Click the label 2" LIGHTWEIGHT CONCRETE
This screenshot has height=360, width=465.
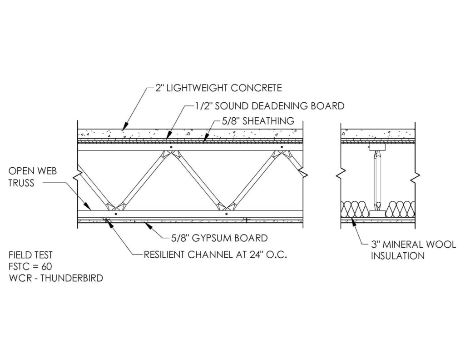coord(218,88)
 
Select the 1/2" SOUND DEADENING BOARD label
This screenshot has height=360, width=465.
coord(269,106)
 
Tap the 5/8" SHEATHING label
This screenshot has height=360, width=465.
coord(258,121)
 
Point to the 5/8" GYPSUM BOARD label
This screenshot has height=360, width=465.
coord(219,238)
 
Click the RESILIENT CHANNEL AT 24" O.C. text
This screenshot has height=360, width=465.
coord(215,255)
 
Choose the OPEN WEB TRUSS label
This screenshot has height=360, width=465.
coord(33,177)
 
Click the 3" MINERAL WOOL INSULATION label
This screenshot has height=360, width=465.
coord(413,250)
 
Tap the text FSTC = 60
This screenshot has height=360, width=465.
coord(30,266)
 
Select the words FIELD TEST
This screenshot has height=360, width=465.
coord(30,255)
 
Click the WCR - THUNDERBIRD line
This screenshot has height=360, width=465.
coord(56,278)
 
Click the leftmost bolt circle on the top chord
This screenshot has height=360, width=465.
coord(171,147)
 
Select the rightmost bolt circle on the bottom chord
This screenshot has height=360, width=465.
coord(226,214)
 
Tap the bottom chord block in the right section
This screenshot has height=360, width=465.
coord(377,214)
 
